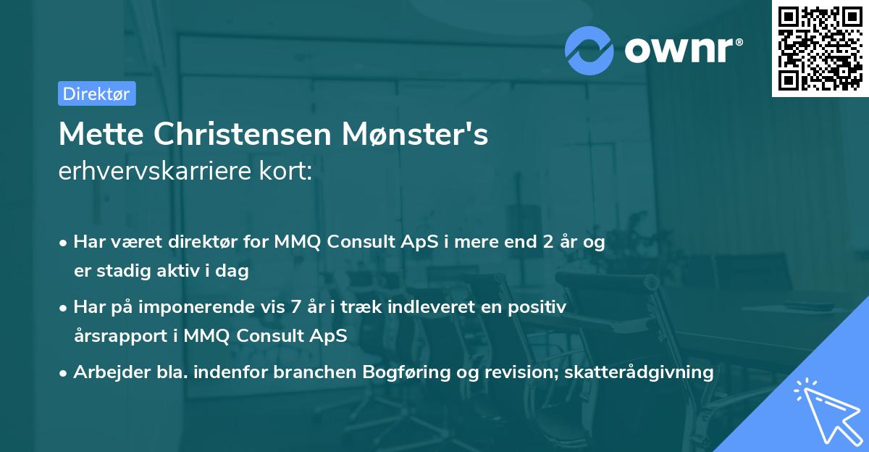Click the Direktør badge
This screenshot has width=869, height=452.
tap(96, 93)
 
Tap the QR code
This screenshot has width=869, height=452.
tap(820, 48)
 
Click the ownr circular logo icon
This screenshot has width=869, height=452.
tap(589, 50)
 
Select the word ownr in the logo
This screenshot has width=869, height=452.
tap(681, 50)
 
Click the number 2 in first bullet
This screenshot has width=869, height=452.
tap(537, 242)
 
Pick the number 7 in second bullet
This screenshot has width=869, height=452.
tap(295, 307)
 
